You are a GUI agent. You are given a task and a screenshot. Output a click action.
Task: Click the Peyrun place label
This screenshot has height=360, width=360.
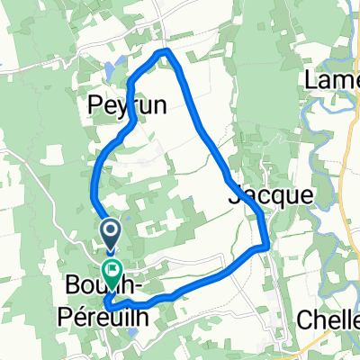[127, 106]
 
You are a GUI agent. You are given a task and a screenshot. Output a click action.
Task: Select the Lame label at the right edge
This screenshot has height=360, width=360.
[332, 81]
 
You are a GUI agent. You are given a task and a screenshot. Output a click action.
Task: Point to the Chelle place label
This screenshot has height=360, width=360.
[328, 321]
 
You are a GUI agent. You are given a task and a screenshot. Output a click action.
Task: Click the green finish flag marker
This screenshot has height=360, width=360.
[113, 269]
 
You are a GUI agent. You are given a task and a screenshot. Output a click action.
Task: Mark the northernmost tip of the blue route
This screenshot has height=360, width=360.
[164, 51]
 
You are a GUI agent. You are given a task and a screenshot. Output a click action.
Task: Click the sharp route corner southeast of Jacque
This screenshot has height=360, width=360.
[265, 245]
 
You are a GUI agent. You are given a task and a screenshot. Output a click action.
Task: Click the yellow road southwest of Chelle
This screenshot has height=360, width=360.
[297, 346]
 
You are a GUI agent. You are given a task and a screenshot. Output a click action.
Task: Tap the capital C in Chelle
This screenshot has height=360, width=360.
[304, 321]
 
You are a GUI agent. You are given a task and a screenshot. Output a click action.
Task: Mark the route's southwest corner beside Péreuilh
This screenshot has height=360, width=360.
[107, 305]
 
